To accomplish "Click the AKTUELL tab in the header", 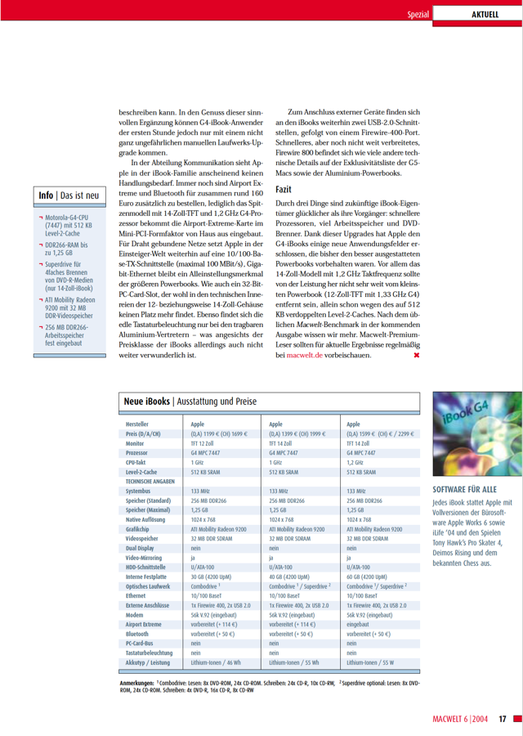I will point(485,14).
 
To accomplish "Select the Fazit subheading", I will point(285,188).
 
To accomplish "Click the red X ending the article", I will point(416,356).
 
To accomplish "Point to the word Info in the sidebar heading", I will point(46,195).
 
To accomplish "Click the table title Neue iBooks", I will point(147,402).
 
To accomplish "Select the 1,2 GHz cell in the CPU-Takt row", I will point(356,461).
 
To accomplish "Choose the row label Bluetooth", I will point(137,633).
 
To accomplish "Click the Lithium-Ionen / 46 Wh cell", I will point(217,662).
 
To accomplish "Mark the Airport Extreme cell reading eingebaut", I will point(360,623).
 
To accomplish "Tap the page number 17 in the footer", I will point(503,719).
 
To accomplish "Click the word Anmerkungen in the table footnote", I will point(138,682).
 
